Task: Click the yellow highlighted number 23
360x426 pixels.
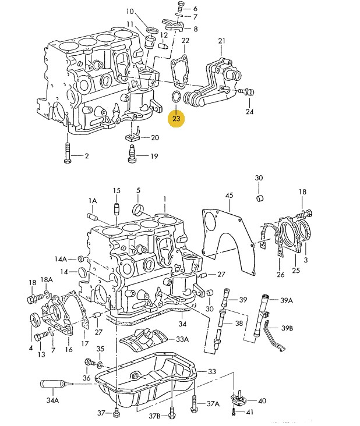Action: [177, 118]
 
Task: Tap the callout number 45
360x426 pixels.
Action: [229, 195]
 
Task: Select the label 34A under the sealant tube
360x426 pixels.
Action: [52, 400]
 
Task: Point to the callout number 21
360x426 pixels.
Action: [221, 40]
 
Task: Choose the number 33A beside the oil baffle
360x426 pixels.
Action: [182, 339]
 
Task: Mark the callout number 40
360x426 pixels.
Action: [262, 401]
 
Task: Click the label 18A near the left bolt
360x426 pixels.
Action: [47, 280]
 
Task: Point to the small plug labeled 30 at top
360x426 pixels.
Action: [260, 198]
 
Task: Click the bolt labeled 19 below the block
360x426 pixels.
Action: [131, 155]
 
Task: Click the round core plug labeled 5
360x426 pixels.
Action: [139, 209]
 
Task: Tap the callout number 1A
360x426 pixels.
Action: [92, 200]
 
